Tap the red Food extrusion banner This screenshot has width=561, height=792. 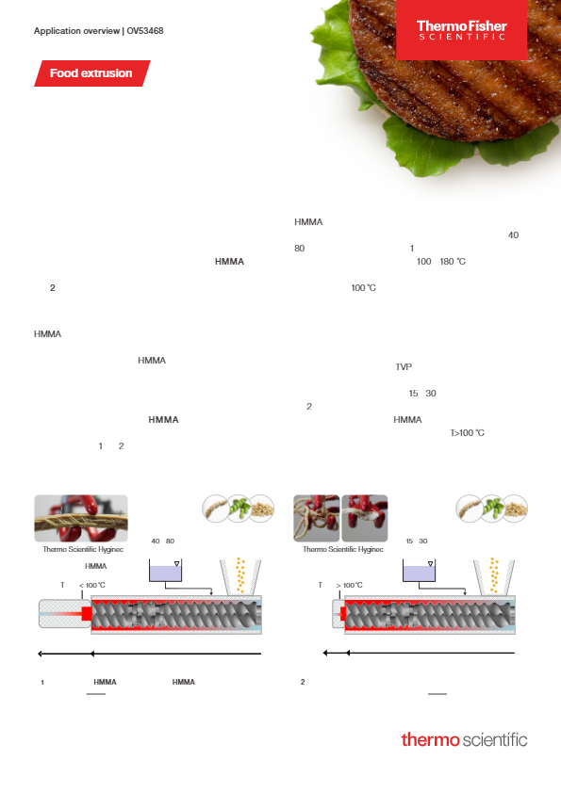pyautogui.click(x=91, y=73)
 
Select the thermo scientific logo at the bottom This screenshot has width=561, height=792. pyautogui.click(x=464, y=739)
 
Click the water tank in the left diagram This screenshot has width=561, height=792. pyautogui.click(x=167, y=570)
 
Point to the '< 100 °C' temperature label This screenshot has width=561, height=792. pyautogui.click(x=92, y=585)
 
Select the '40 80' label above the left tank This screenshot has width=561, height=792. pyautogui.click(x=163, y=541)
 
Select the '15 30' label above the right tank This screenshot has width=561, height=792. pyautogui.click(x=417, y=541)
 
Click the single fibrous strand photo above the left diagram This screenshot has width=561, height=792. pyautogui.click(x=81, y=517)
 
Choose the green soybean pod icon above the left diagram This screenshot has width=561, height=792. pyautogui.click(x=241, y=509)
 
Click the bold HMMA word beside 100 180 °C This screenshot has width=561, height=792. pyautogui.click(x=230, y=261)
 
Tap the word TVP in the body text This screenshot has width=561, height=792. pyautogui.click(x=404, y=367)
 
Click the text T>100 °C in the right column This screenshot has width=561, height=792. pyautogui.click(x=467, y=433)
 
